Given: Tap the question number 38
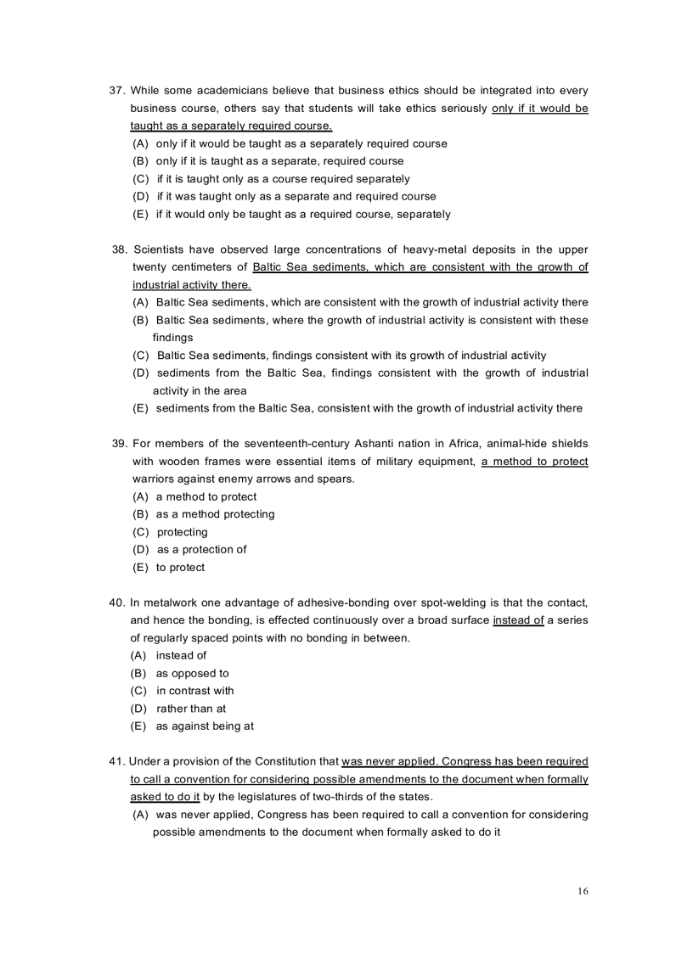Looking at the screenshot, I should [x=119, y=249].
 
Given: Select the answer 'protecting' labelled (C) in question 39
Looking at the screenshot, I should [x=182, y=532].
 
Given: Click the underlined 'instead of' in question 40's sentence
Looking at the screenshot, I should [x=518, y=620].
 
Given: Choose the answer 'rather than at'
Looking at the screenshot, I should [x=191, y=709].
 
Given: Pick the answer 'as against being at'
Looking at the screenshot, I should [x=205, y=726].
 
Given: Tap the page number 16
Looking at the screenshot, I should [x=582, y=891].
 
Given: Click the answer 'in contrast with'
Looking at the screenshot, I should [x=194, y=691].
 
